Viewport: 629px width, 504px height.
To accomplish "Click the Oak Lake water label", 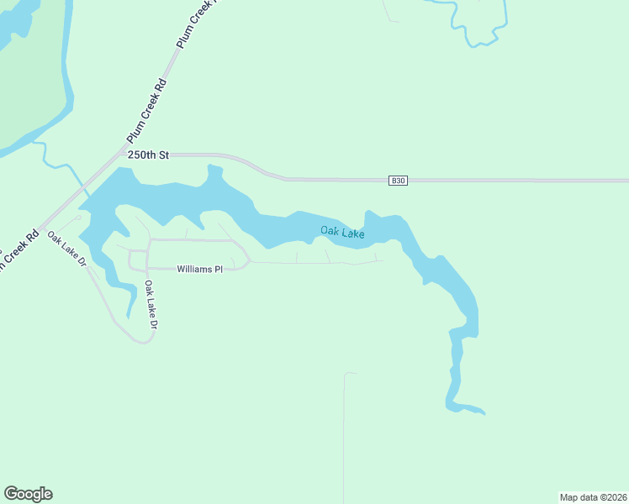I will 342,232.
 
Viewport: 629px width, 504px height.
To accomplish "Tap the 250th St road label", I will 149,155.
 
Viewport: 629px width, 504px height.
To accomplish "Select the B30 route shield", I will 398,181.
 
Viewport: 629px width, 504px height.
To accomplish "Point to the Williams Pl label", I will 199,270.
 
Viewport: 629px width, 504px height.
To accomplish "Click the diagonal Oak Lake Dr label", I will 67,249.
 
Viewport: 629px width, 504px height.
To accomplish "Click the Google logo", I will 28,494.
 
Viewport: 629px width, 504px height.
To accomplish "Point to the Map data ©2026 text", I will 593,496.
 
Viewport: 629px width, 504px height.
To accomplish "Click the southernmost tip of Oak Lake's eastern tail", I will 484,413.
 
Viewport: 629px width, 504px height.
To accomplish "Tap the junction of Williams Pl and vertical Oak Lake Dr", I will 148,270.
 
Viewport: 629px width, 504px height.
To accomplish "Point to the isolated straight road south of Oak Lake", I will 344,437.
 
